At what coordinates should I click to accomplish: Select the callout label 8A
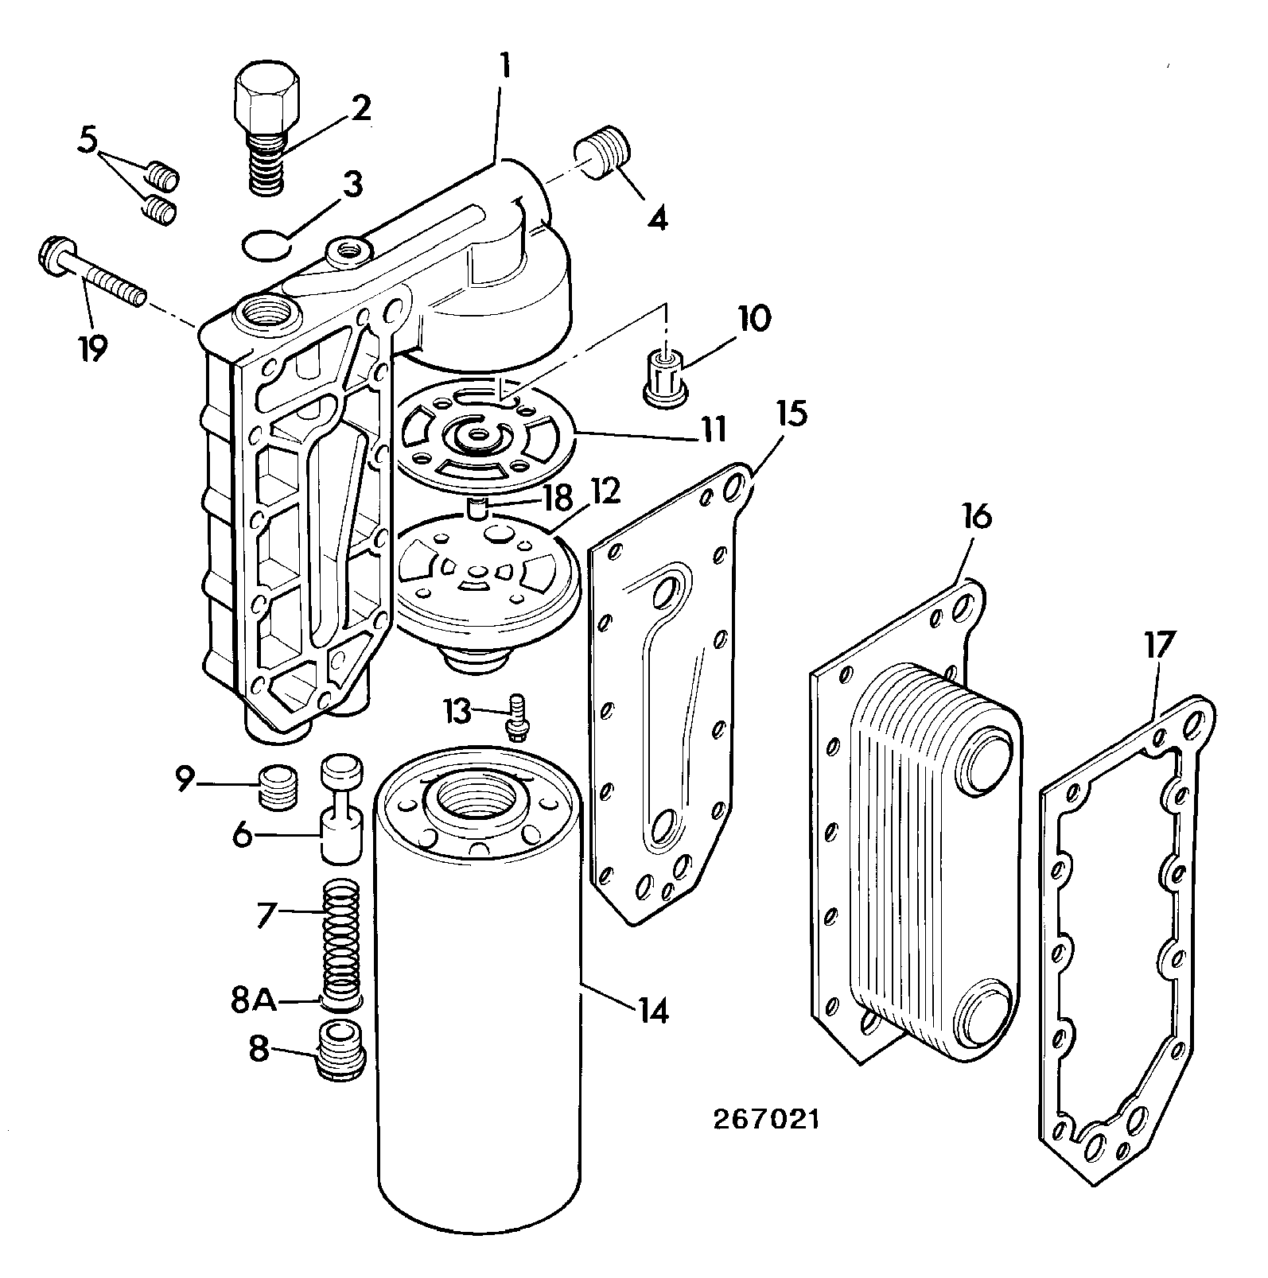254,1001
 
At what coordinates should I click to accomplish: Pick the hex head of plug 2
268,102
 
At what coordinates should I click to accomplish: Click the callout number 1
504,66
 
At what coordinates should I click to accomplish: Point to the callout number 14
652,1011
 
